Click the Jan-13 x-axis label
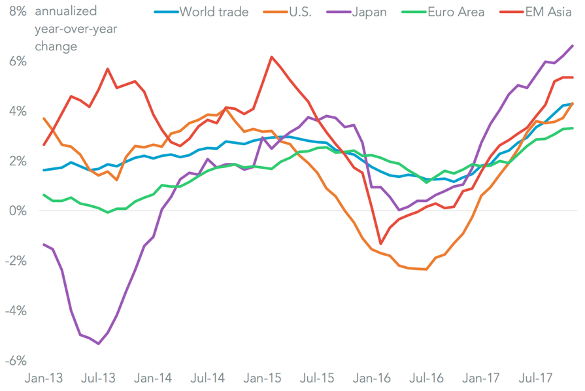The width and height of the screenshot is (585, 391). tap(44, 378)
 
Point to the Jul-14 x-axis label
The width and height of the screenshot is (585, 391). tap(209, 378)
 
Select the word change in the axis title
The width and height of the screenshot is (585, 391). tap(56, 46)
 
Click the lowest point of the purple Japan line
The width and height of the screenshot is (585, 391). tap(98, 343)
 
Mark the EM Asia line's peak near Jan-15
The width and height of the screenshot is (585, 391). tap(271, 57)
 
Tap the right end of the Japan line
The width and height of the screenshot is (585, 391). tap(573, 45)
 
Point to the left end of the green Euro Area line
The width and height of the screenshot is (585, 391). tap(44, 195)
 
